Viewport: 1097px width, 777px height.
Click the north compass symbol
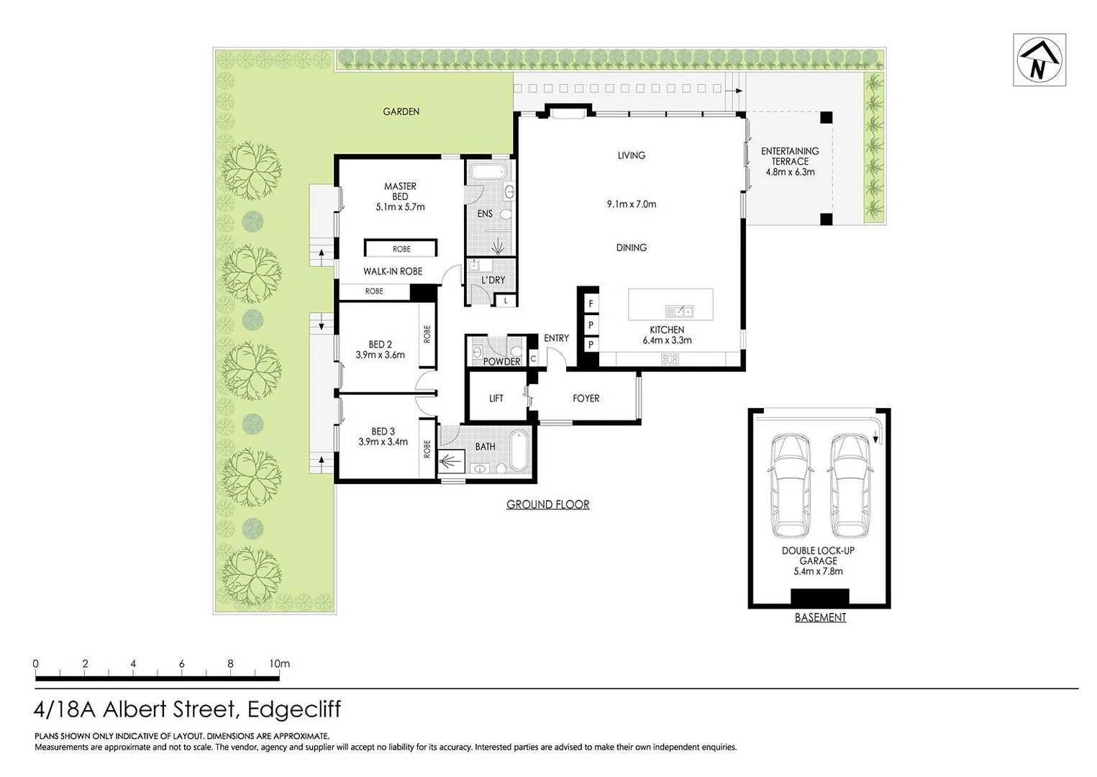(1039, 60)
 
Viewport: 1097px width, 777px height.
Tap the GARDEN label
(401, 112)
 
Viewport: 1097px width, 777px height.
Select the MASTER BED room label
(400, 191)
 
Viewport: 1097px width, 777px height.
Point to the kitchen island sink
(679, 311)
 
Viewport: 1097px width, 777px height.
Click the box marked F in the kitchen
(591, 304)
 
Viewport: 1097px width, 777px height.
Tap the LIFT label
(496, 398)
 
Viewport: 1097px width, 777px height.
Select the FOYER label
(586, 398)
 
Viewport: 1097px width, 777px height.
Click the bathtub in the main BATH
(519, 451)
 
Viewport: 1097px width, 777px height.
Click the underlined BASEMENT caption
(820, 617)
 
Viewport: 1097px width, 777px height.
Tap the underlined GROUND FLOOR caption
(547, 504)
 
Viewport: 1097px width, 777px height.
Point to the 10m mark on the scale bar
(279, 664)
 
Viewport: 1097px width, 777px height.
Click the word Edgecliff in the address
(293, 709)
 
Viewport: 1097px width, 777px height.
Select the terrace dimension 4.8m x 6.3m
(790, 172)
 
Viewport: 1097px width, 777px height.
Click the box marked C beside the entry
(533, 358)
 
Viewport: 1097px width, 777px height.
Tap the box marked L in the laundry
(506, 301)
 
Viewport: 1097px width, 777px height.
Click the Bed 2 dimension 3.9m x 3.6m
(380, 355)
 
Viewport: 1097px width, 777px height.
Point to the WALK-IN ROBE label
(393, 271)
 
